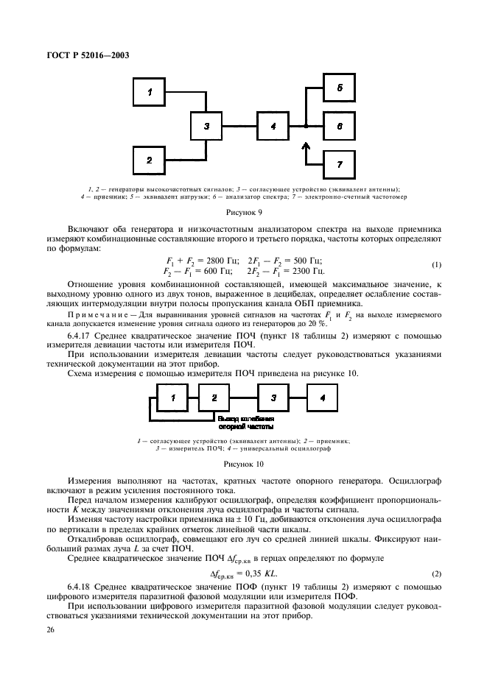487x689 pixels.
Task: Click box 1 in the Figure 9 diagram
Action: click(x=150, y=92)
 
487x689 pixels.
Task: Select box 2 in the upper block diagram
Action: click(x=150, y=160)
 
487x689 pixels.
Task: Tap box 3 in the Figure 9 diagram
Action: click(x=208, y=127)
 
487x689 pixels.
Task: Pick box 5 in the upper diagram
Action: click(x=340, y=88)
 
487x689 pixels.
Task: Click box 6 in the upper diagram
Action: click(x=340, y=127)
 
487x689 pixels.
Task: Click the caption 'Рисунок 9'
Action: click(x=243, y=210)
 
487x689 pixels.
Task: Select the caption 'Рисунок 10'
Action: click(x=243, y=464)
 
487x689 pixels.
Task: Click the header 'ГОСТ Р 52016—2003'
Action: click(x=83, y=58)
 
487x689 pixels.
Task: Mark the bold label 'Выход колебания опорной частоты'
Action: click(x=246, y=421)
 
